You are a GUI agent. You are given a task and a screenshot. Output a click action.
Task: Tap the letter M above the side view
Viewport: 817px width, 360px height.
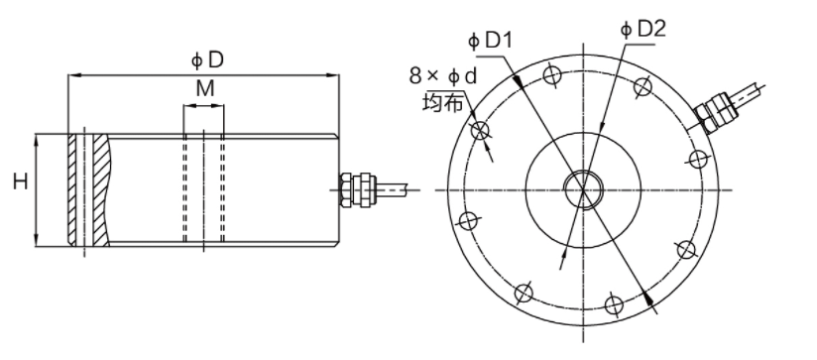[x=204, y=89]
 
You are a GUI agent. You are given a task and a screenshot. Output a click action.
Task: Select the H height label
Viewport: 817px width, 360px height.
[x=19, y=181]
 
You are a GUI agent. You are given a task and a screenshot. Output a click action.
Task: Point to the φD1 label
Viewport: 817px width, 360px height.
[x=489, y=42]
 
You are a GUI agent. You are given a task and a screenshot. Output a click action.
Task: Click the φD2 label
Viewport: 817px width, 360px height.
[x=643, y=30]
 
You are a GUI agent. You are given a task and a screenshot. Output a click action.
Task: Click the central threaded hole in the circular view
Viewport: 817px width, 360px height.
[x=579, y=186]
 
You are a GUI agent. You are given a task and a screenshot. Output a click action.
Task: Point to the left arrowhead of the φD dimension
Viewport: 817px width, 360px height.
[x=72, y=74]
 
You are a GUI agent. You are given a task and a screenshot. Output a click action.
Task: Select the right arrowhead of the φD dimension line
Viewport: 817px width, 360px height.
[x=336, y=74]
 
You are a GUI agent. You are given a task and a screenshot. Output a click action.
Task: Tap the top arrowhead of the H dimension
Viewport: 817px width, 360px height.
[x=38, y=140]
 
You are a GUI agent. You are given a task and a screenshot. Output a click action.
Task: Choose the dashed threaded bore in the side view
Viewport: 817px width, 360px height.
[x=203, y=188]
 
